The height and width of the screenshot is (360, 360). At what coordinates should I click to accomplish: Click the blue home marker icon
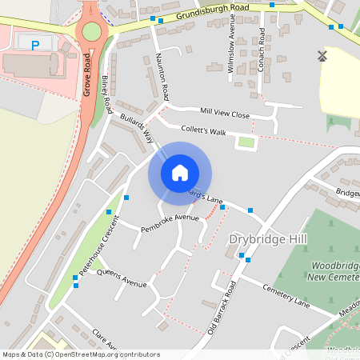pyautogui.click(x=180, y=172)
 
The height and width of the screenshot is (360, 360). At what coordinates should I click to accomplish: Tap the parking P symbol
pyautogui.click(x=34, y=45)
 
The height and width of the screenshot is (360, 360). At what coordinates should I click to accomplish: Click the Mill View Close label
pyautogui.click(x=225, y=114)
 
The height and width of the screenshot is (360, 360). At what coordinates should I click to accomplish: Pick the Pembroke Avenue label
pyautogui.click(x=170, y=222)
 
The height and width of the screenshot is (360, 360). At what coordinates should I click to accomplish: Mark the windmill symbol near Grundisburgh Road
pyautogui.click(x=322, y=56)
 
